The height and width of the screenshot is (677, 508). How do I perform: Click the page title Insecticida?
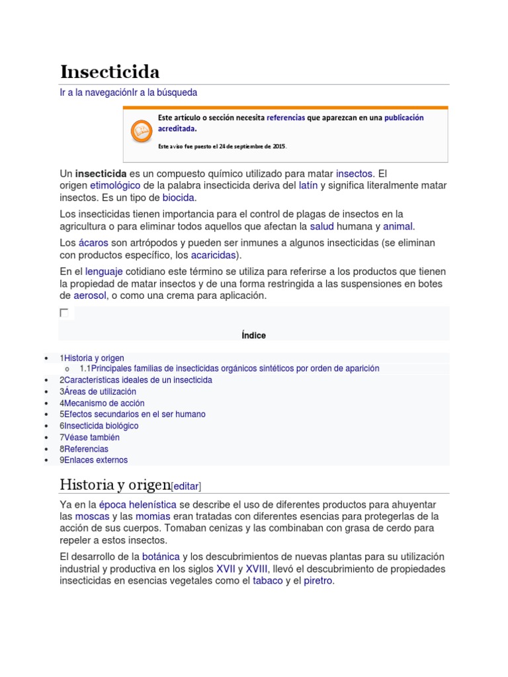point(110,71)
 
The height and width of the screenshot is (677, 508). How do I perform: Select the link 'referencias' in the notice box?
point(286,118)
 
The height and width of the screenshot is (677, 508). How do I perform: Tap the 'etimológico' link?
point(115,186)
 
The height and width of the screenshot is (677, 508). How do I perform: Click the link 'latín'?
point(308,186)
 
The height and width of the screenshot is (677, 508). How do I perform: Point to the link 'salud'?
point(322,226)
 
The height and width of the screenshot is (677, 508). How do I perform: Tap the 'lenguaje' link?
point(105,272)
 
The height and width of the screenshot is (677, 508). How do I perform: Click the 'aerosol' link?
point(90,296)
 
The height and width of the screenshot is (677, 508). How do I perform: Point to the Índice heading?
point(253,335)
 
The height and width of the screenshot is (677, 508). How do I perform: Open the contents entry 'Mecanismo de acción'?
point(104,403)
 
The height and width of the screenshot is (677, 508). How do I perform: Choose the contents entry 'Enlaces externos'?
point(96,460)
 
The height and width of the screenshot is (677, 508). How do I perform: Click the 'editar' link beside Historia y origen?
point(186,486)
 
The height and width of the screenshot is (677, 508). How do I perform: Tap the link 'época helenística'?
point(138,504)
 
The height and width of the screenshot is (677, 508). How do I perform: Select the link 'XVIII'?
point(256,569)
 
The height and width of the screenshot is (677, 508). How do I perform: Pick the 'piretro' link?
point(317,581)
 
